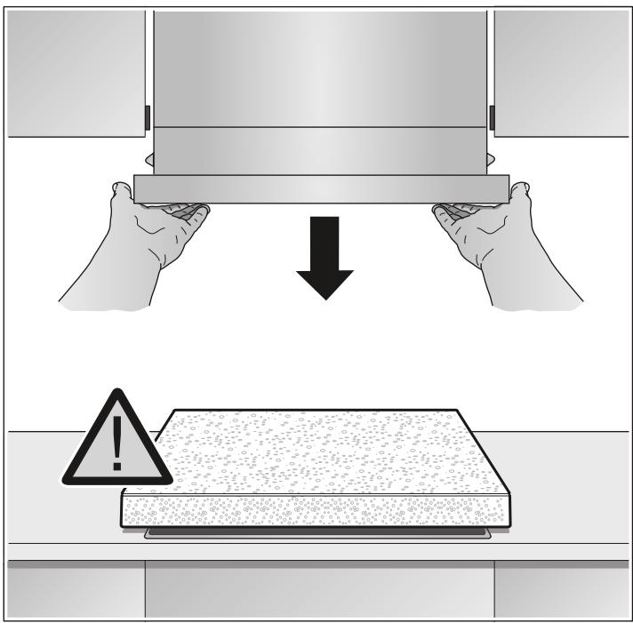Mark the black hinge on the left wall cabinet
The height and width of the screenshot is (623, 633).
click(x=147, y=116)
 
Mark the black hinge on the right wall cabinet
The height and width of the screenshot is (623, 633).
click(x=492, y=116)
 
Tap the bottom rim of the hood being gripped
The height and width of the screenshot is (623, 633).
click(x=320, y=189)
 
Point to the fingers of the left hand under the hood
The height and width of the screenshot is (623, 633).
click(x=187, y=213)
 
